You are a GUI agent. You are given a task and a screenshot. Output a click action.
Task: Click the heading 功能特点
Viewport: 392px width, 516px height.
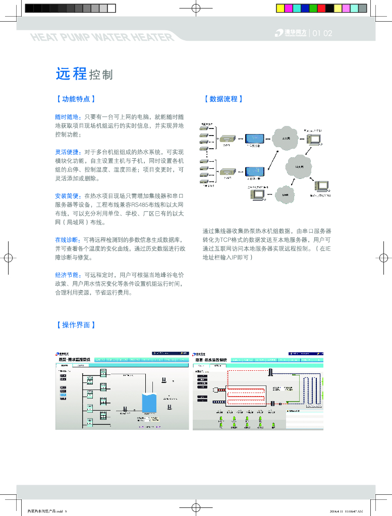click(x=75, y=99)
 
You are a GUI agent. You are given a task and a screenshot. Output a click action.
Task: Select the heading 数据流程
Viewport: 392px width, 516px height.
click(x=223, y=99)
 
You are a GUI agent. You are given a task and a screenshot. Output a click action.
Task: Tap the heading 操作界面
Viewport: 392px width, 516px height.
click(x=75, y=325)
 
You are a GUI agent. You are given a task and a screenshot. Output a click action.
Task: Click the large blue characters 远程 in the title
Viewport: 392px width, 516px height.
click(x=71, y=74)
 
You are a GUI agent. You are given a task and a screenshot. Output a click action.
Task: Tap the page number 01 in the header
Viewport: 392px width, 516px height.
click(x=317, y=34)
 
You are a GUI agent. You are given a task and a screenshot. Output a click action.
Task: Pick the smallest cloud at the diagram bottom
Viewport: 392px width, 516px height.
click(x=285, y=194)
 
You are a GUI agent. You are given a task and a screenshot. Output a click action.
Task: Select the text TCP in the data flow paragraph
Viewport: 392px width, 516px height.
click(x=226, y=239)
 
